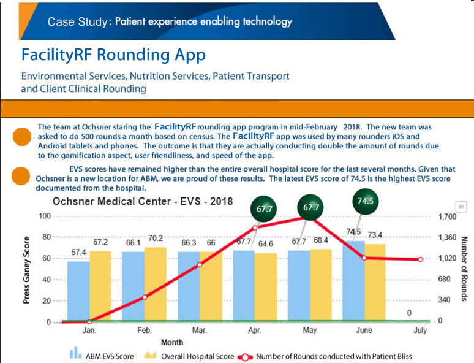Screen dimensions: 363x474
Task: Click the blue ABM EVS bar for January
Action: (x=78, y=291)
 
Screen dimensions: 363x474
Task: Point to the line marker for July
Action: (x=421, y=259)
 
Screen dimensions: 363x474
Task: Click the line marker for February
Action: (x=145, y=297)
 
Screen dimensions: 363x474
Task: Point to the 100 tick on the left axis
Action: (x=44, y=216)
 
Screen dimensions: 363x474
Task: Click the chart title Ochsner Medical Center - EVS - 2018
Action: (x=143, y=201)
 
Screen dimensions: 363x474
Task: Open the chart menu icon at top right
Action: (x=462, y=207)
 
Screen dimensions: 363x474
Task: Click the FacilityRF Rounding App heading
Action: (x=113, y=55)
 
